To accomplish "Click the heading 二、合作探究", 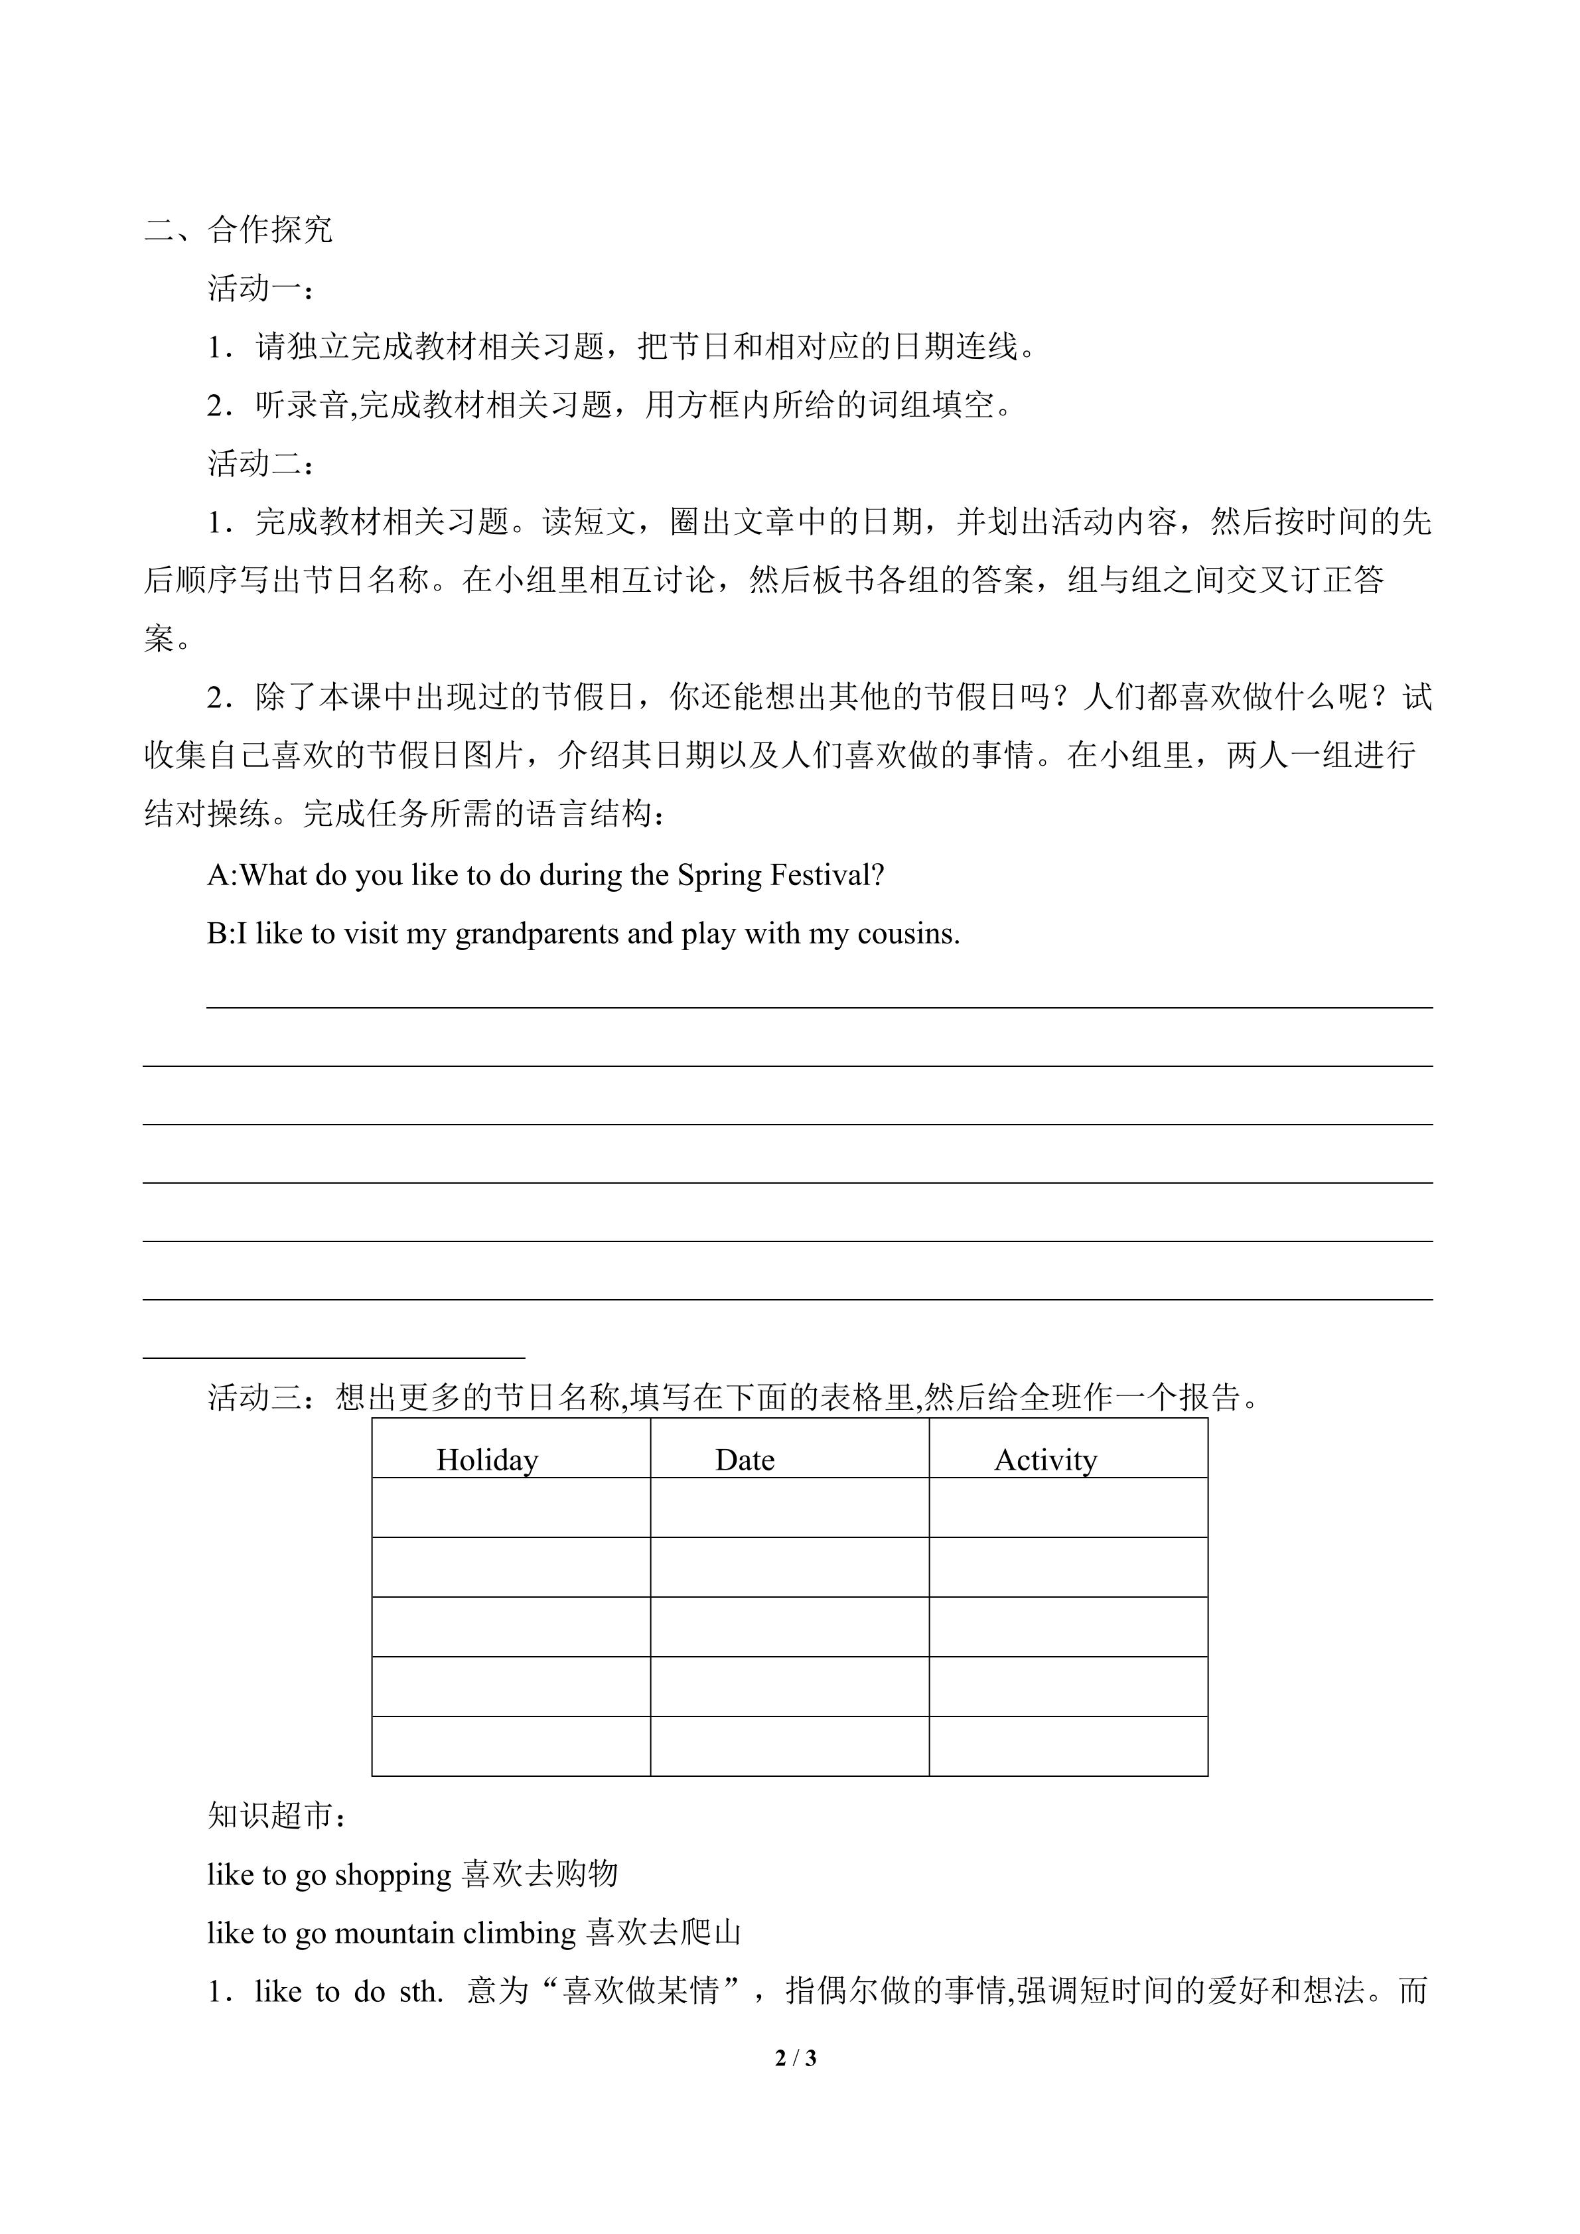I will pyautogui.click(x=240, y=230).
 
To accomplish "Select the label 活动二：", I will pyautogui.click(x=261, y=463).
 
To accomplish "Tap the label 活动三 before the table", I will pyautogui.click(x=261, y=1398).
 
